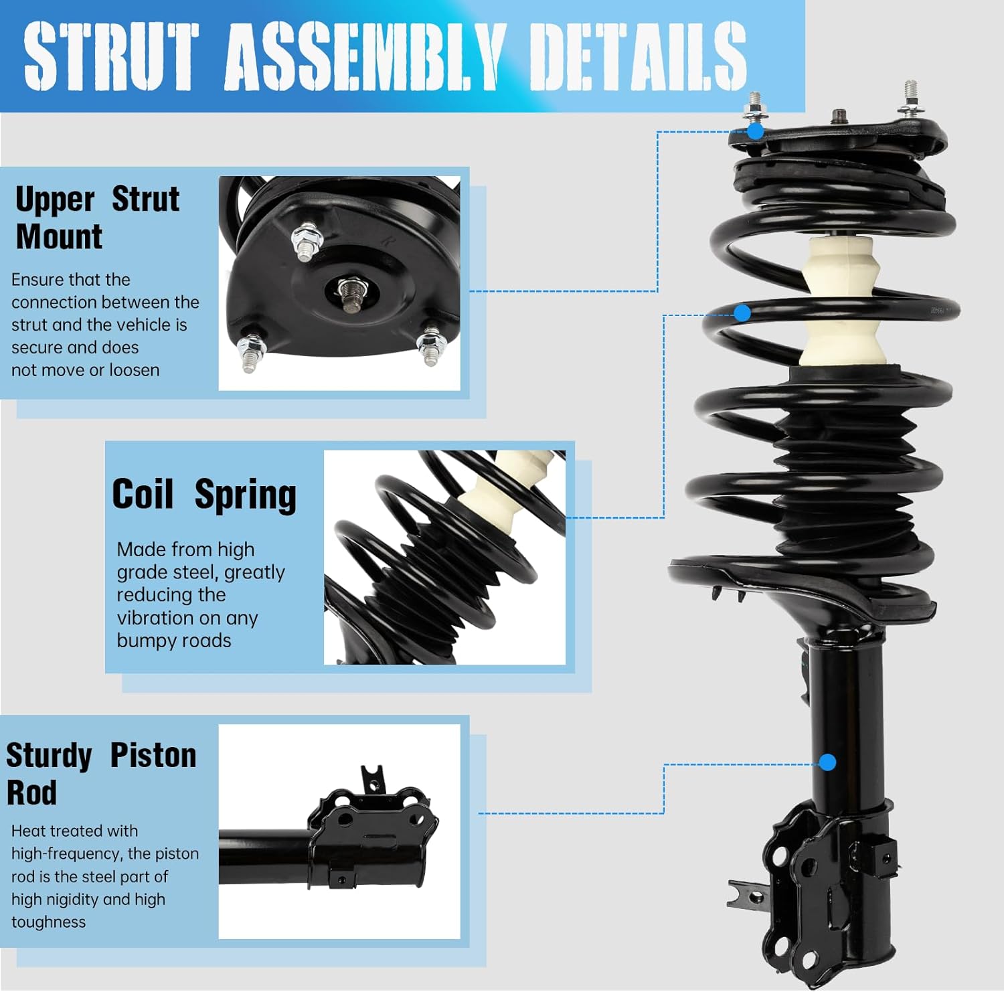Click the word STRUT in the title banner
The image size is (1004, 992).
(x=112, y=56)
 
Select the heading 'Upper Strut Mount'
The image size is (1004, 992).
(x=97, y=218)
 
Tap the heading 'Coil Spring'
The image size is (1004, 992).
(x=203, y=495)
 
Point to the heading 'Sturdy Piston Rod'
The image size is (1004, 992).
(x=100, y=773)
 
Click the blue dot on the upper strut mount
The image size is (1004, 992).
(x=755, y=131)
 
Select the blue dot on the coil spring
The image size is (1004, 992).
(x=742, y=313)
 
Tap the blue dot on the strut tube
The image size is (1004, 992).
(x=827, y=762)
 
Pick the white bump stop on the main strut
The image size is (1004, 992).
(x=841, y=301)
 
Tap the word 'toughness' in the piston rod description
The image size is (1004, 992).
(x=48, y=922)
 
